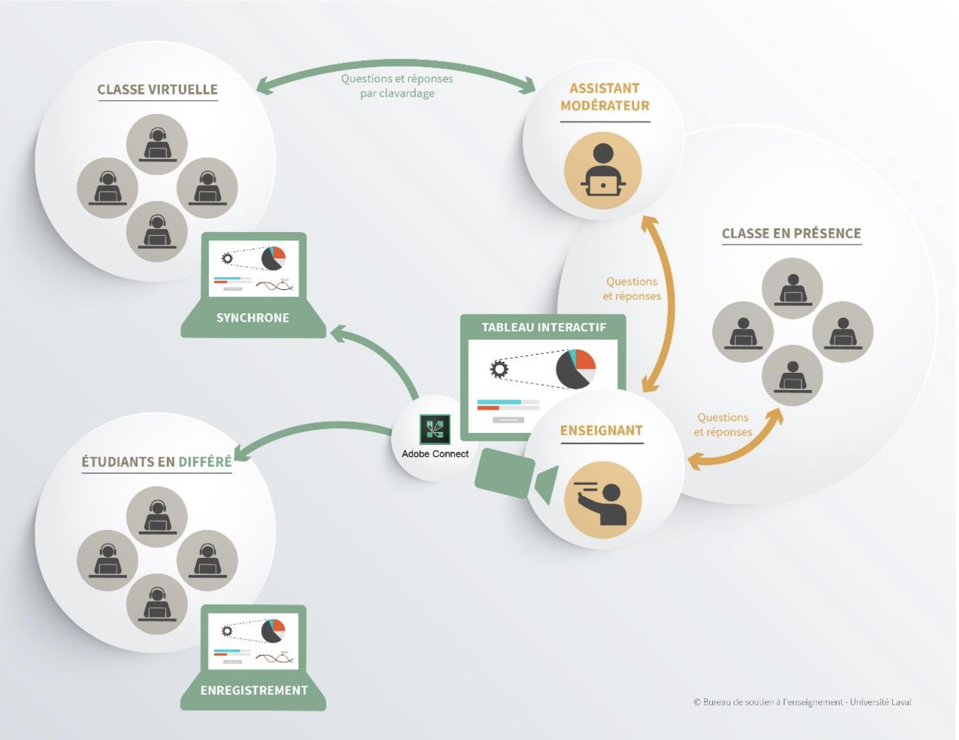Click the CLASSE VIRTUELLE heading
pos(157,89)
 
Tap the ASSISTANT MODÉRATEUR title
pos(605,97)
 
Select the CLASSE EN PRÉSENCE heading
pos(791,234)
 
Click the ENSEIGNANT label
pos(601,431)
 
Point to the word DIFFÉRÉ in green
pos(204,461)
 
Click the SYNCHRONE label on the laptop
pos(253,318)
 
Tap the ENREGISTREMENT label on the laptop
pos(254,691)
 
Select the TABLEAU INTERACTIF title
pos(544,327)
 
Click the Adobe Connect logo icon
pos(435,429)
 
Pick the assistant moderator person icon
pos(603,171)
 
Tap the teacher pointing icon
pos(603,500)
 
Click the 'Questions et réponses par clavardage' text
pos(397,86)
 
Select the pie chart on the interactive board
pos(575,369)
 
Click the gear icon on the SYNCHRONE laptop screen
pos(227,258)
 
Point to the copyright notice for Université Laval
pos(802,702)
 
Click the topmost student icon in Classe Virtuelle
pos(157,145)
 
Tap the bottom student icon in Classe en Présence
pos(792,375)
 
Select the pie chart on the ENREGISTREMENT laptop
pos(273,631)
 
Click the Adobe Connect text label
pos(435,454)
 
